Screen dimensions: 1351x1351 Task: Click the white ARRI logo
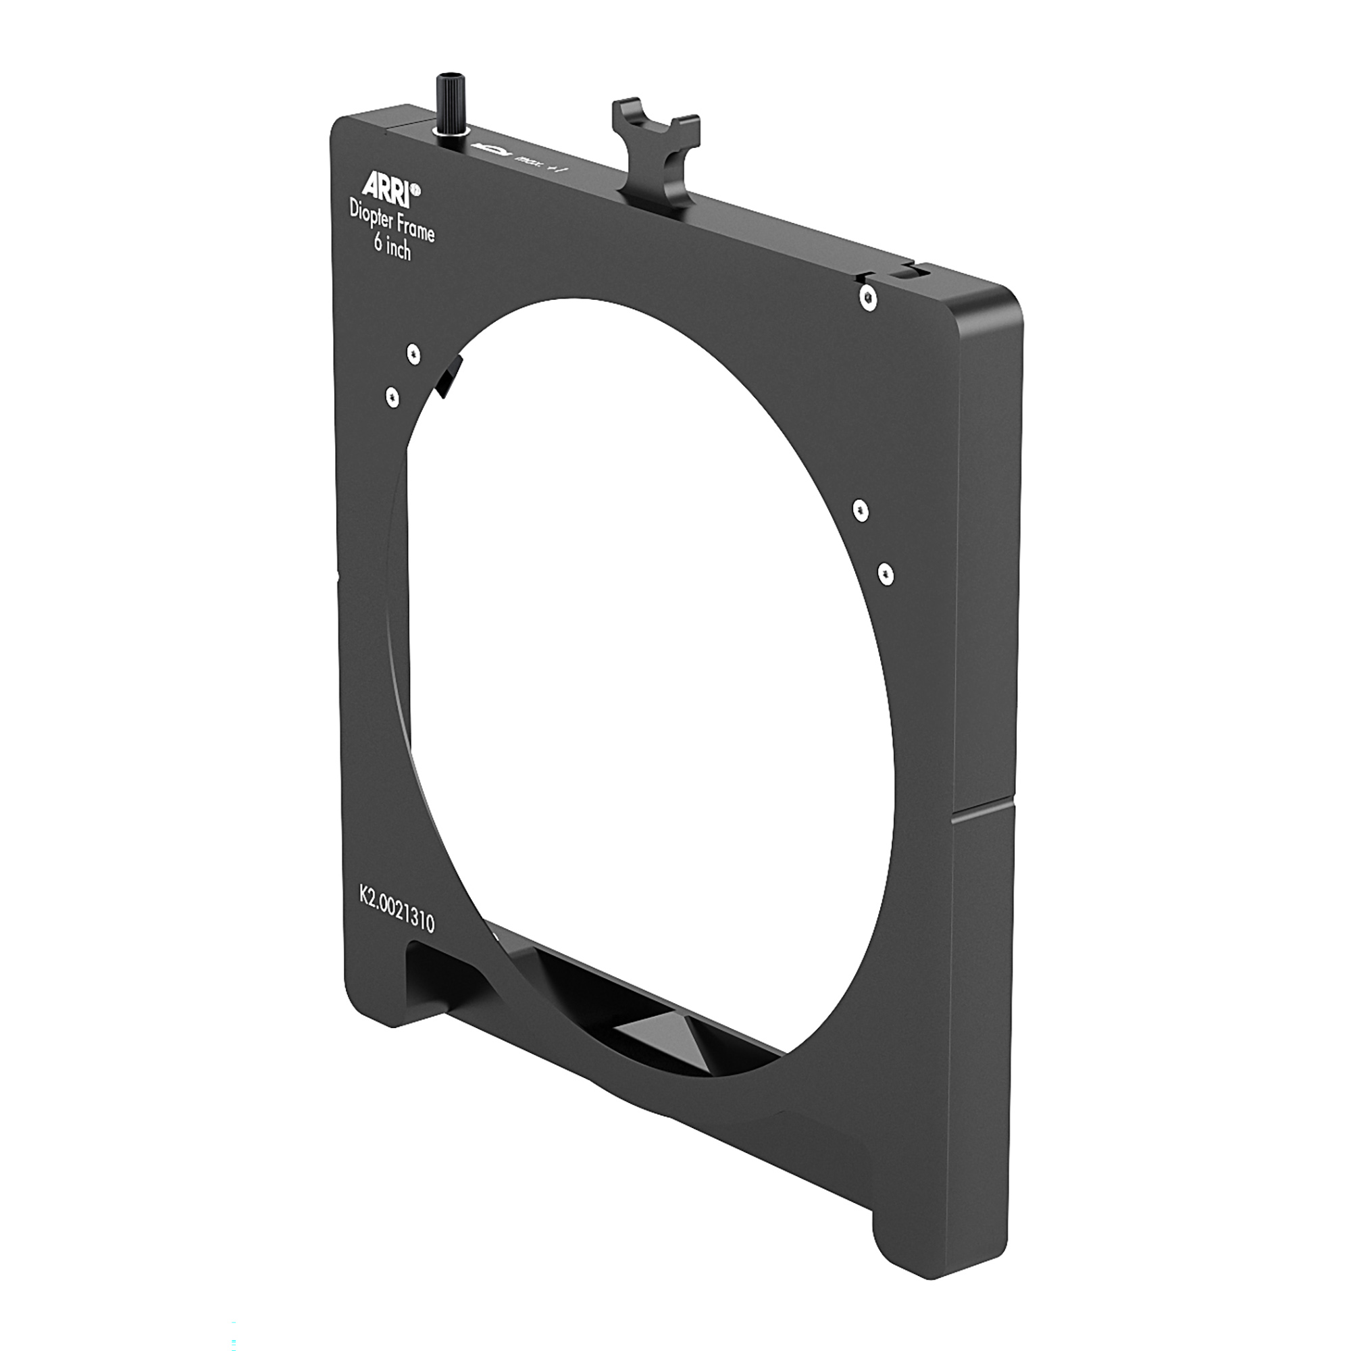click(x=384, y=185)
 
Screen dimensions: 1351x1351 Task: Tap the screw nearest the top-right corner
click(x=867, y=298)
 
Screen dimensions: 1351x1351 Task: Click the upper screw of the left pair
click(x=414, y=354)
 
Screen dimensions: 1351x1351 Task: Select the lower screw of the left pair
click(x=392, y=397)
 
